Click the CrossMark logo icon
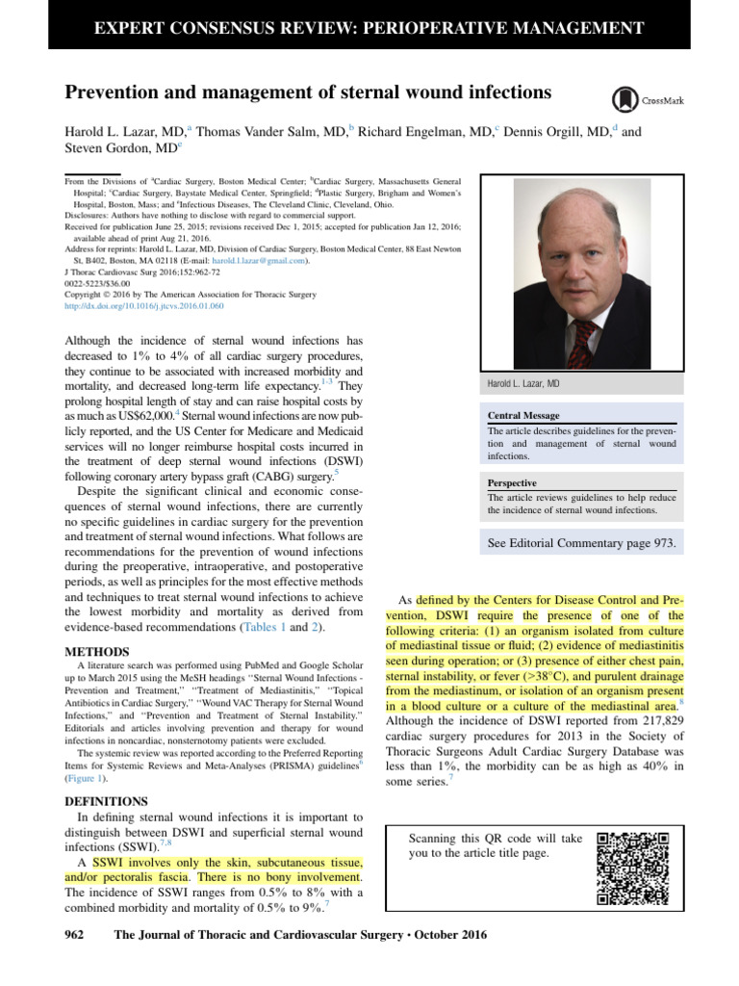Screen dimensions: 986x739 coord(624,99)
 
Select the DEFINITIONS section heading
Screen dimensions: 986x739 coord(106,800)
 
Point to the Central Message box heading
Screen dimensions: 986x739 coord(525,417)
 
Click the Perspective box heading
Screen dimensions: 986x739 coord(512,482)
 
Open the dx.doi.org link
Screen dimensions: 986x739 coord(143,306)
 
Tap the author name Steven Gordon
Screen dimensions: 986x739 coord(115,148)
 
